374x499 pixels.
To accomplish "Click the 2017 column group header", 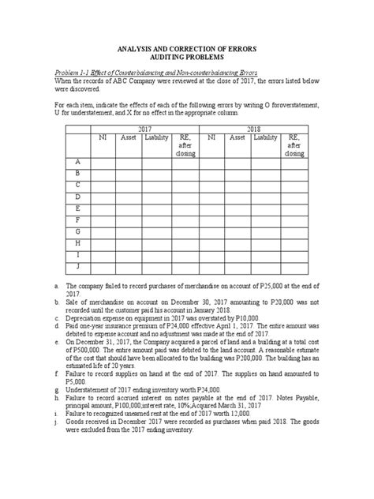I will point(144,127).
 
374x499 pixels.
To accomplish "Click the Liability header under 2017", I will point(156,137).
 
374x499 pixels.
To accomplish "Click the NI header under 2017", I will point(102,137).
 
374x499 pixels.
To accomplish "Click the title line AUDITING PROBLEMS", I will point(187,57).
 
